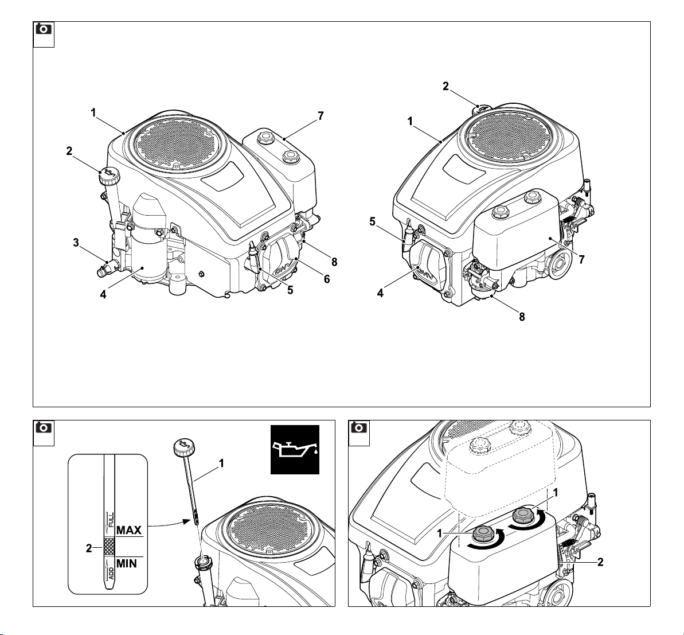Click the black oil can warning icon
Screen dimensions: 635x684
295,450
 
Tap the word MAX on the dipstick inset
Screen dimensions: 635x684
129,530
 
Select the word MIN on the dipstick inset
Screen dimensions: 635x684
127,564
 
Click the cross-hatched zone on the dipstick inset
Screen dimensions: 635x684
109,546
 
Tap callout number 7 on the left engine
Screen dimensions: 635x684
321,116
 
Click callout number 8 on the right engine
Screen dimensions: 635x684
522,316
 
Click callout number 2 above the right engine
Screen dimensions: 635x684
445,87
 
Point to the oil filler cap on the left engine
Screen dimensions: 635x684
108,174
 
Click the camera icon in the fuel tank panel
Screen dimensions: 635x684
359,428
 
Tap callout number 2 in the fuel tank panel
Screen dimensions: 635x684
600,562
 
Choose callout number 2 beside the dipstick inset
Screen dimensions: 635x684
89,548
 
